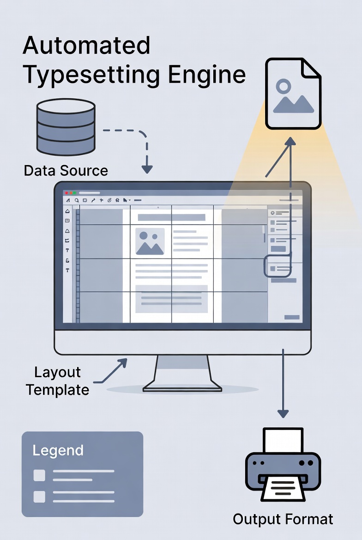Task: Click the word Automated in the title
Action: (86, 45)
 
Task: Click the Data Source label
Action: (66, 171)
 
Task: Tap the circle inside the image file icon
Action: (283, 86)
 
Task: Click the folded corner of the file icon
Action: (311, 69)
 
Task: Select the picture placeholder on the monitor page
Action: (150, 241)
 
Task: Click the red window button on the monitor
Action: (66, 192)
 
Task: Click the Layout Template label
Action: (57, 381)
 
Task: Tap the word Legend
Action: (58, 450)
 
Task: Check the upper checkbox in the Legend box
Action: (40, 475)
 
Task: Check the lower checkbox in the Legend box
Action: (40, 497)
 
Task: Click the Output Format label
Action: (283, 519)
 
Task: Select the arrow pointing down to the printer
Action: (283, 384)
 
